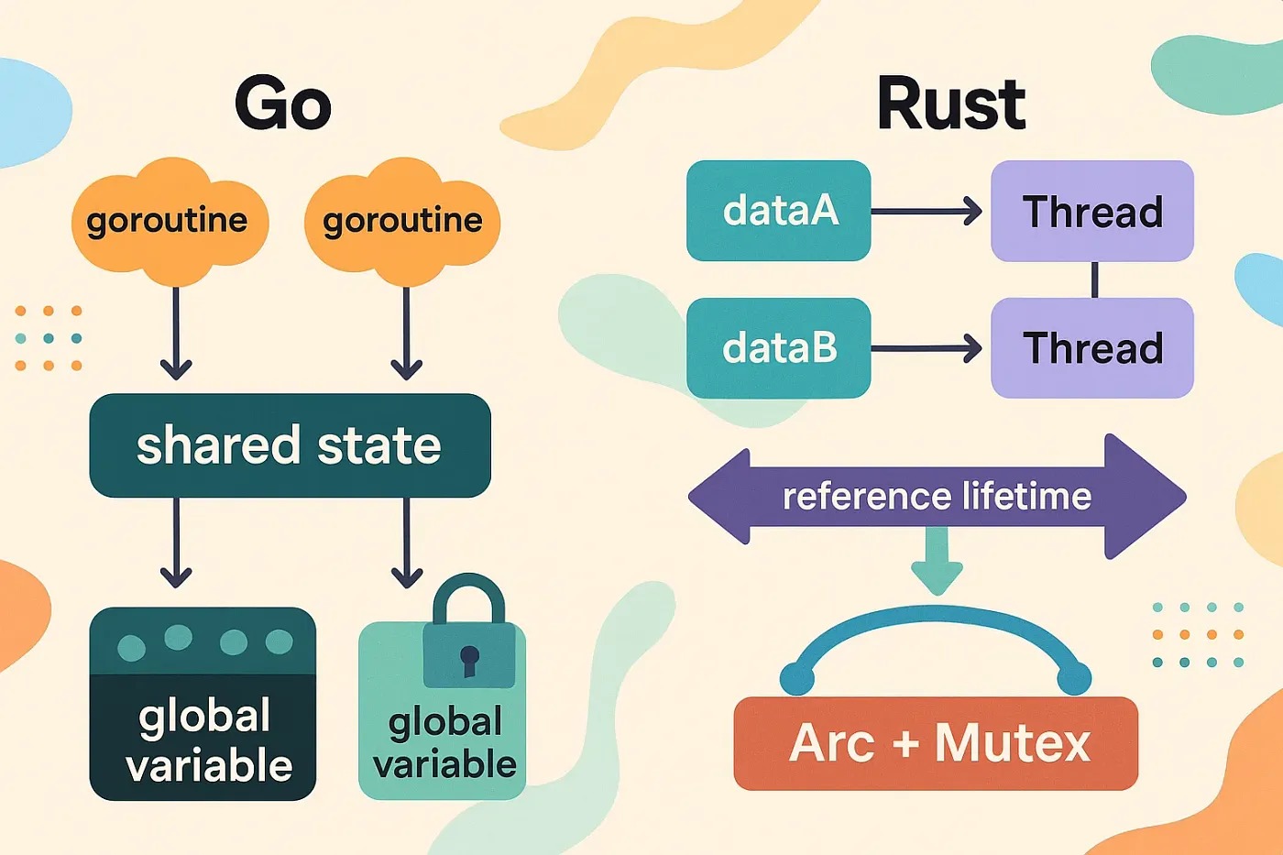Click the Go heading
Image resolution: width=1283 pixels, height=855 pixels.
282,104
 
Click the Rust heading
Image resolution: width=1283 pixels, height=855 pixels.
950,104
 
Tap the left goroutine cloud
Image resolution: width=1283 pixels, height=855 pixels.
169,222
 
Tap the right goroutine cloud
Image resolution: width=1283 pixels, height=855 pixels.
402,222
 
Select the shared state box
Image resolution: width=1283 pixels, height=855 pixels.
290,446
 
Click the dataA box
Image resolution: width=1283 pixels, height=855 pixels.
778,211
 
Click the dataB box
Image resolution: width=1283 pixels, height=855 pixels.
778,348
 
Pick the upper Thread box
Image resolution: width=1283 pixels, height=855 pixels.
1091,211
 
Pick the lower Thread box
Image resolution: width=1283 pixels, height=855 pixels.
1091,348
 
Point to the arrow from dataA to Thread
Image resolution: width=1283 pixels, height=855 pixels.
926,212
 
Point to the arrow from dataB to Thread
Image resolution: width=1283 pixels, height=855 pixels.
926,348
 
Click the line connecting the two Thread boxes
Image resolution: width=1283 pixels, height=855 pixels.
1094,280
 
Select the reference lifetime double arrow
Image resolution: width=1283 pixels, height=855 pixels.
937,497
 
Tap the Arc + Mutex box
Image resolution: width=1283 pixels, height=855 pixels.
936,743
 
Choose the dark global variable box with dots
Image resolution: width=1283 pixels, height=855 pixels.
203,704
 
